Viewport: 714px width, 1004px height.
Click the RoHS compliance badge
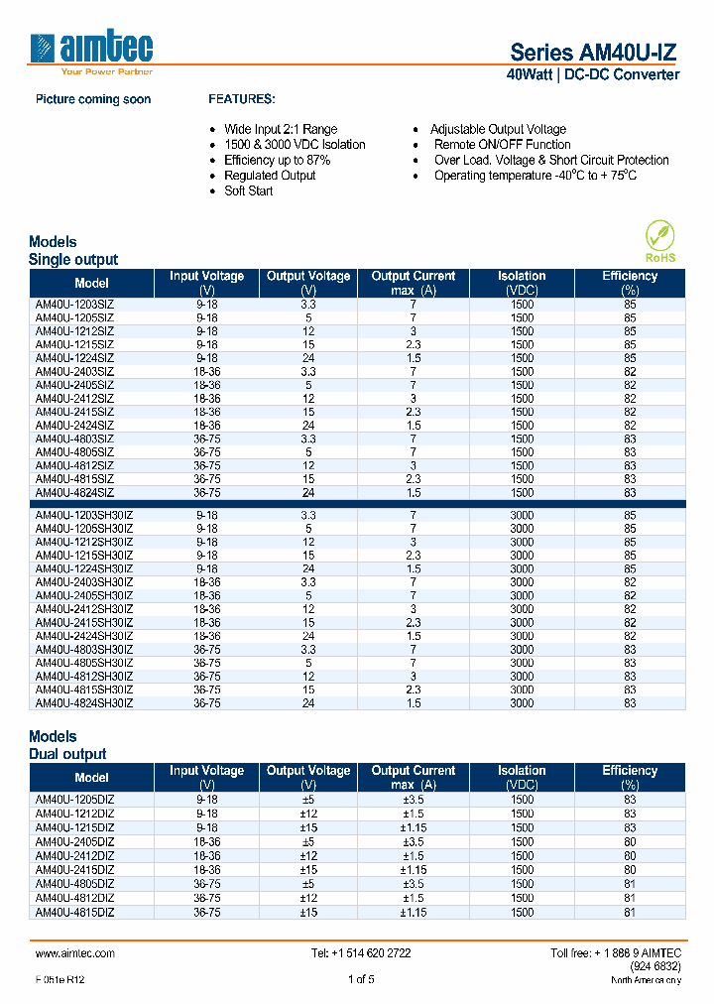coord(659,242)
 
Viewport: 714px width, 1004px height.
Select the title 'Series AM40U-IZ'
coord(594,53)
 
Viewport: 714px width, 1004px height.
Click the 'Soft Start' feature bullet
coord(248,190)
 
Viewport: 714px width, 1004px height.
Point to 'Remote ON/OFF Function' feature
coord(502,145)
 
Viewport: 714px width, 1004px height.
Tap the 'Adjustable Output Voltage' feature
coord(498,129)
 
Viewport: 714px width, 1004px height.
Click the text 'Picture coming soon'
coord(93,100)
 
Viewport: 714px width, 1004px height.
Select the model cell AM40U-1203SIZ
coord(74,305)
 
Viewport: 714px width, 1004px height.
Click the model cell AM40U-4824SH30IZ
coord(84,702)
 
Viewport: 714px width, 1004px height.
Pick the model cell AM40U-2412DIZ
coord(74,855)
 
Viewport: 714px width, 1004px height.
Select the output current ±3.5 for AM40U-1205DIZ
coord(413,800)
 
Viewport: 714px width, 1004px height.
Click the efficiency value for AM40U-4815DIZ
coord(630,912)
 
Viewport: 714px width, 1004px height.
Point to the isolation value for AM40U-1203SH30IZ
coord(522,516)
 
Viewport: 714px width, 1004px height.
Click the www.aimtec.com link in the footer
coord(75,953)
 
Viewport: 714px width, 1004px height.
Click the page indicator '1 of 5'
coord(361,980)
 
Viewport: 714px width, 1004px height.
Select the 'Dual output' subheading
coord(67,754)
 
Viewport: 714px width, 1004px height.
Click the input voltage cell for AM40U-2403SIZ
coord(206,371)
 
